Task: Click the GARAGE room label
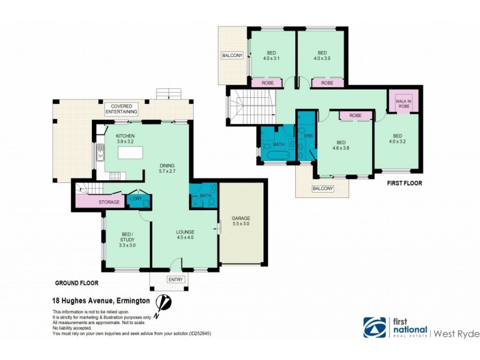coord(241,220)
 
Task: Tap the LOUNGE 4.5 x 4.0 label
coord(185,233)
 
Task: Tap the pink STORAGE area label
coord(109,202)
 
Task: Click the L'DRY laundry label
coord(136,199)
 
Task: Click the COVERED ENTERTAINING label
coord(122,109)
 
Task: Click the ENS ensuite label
coord(309,136)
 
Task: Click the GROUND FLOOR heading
coord(77,283)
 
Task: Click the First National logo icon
coord(375,328)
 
